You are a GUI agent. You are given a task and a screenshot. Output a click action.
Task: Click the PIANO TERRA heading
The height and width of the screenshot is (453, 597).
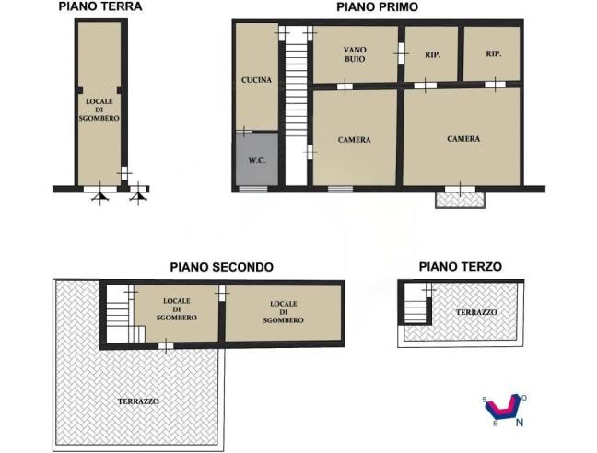pos(99,6)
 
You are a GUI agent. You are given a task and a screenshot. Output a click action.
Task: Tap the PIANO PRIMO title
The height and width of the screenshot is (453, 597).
pos(377,6)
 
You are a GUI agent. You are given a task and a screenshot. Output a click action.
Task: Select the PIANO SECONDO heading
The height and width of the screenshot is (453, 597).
pos(221,267)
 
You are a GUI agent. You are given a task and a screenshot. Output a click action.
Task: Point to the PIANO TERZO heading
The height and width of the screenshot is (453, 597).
pos(460,267)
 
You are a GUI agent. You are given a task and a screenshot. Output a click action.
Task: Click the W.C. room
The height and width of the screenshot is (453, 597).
pos(257,161)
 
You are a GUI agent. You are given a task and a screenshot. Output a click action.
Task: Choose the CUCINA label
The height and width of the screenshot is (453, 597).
pos(256,80)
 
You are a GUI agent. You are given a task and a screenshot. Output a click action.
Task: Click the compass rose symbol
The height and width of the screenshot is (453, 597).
pos(503,405)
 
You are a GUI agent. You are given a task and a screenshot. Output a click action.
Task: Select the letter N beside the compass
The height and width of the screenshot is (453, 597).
pos(521,423)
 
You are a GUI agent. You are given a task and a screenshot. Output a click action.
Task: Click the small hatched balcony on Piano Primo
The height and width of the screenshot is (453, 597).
pos(459,198)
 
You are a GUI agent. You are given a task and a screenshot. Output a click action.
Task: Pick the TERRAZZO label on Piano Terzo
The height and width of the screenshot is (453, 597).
pos(476,313)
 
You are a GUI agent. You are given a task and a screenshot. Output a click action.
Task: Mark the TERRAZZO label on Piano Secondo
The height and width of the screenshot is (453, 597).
pos(138,401)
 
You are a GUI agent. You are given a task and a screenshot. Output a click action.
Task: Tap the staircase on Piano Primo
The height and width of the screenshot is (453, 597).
pos(295,101)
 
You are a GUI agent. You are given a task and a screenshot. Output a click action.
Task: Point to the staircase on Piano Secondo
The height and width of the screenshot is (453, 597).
pos(118,313)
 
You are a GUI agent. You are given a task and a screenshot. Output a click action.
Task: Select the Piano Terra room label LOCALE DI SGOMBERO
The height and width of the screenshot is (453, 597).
pos(99,109)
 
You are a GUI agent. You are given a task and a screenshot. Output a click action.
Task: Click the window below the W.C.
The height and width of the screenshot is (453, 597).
pos(252,190)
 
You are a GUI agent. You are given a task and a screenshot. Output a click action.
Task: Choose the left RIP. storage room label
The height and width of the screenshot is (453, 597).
pos(432,54)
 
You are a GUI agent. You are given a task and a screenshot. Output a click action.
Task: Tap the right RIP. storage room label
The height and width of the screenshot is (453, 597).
pos(494,53)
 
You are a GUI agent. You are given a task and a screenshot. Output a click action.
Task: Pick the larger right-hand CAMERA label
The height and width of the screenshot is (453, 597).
pos(463,139)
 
